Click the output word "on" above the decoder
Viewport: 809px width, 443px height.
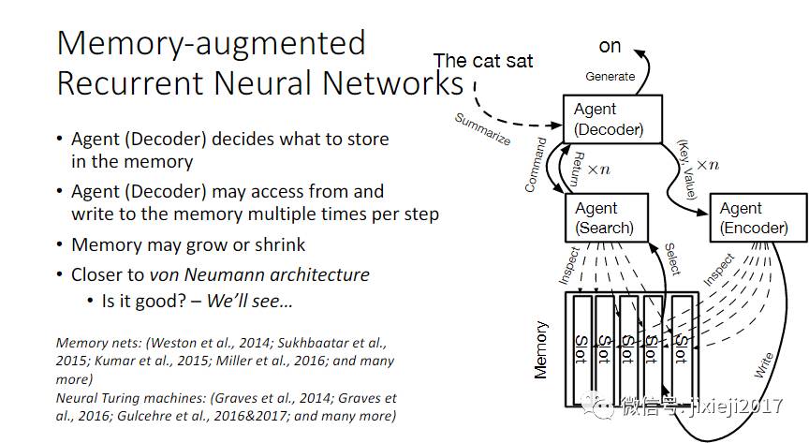coord(610,45)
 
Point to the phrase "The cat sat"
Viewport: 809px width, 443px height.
coord(483,61)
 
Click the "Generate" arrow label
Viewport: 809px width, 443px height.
coord(610,77)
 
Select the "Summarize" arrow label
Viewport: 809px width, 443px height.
coord(482,129)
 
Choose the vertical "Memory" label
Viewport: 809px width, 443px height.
coord(540,351)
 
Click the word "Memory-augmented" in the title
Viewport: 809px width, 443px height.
coord(211,42)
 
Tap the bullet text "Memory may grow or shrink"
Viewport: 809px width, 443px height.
coord(188,244)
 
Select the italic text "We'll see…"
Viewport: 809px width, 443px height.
coord(249,302)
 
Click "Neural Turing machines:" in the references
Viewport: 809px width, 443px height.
coord(121,398)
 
